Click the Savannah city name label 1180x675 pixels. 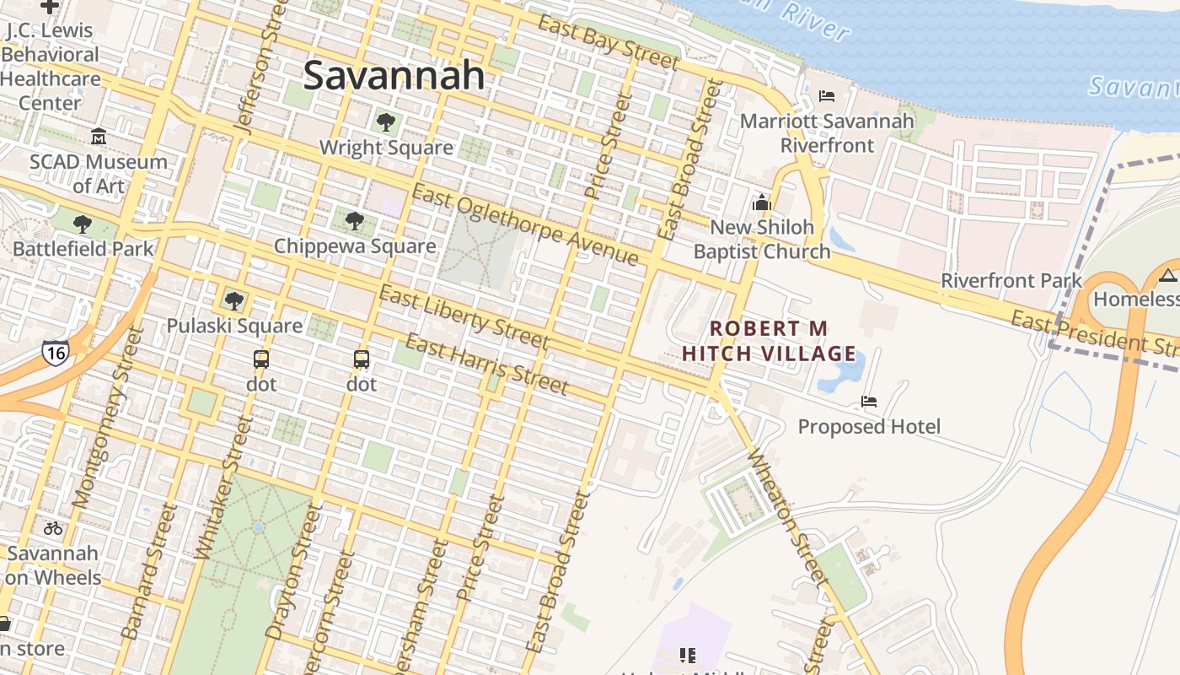(394, 75)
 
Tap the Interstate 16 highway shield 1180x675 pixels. (55, 352)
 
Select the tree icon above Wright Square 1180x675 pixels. (386, 122)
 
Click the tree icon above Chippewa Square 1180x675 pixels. (355, 221)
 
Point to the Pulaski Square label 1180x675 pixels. (234, 326)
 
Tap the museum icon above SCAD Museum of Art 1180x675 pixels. (99, 136)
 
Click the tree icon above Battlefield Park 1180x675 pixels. (83, 224)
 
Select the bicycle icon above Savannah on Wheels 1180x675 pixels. (53, 528)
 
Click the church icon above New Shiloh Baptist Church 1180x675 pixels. (762, 202)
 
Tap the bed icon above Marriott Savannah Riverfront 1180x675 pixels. (827, 96)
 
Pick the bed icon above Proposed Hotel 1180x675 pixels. (869, 402)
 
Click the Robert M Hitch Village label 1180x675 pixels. (769, 341)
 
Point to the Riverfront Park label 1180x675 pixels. (1011, 280)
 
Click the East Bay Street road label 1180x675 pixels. (609, 42)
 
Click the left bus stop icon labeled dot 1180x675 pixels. (261, 359)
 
